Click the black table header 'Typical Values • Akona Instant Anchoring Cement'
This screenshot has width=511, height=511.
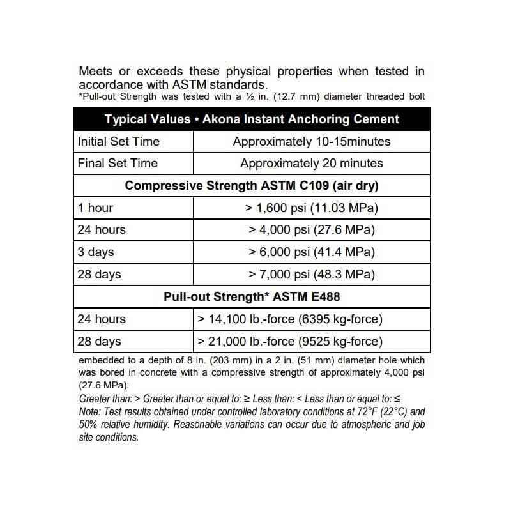[x=252, y=119]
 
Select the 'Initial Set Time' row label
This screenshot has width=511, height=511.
[x=118, y=141]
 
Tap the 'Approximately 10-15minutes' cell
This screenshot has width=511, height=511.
[x=312, y=141]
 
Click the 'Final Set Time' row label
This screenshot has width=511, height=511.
[x=117, y=163]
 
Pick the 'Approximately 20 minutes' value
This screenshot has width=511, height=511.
[x=312, y=163]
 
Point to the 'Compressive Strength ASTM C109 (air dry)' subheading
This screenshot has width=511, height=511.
[x=252, y=186]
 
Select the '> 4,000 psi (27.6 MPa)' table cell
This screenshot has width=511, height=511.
[x=312, y=230]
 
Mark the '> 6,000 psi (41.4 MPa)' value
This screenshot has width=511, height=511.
[x=312, y=252]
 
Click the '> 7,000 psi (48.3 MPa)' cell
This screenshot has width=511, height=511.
[x=312, y=275]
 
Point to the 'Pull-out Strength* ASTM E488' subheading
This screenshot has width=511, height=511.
[x=252, y=296]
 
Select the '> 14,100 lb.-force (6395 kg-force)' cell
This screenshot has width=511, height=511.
[x=291, y=319]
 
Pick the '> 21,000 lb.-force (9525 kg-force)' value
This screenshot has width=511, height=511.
[x=291, y=341]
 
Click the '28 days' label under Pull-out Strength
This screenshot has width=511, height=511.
[x=99, y=341]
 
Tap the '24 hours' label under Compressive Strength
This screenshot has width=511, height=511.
[x=102, y=230]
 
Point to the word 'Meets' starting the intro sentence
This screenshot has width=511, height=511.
[x=95, y=72]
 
